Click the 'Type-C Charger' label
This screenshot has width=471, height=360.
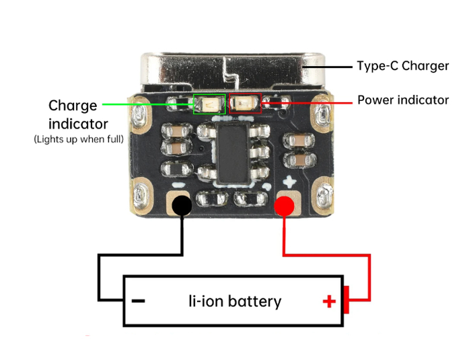pos(402,66)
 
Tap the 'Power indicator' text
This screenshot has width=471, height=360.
pos(402,100)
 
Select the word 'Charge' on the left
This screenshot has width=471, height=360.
pos(73,106)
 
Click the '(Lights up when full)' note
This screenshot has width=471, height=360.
pos(78,139)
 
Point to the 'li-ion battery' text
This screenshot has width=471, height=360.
pos(234,301)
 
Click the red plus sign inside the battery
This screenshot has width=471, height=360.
pos(329,301)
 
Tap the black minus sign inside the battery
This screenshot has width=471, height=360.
pos(138,301)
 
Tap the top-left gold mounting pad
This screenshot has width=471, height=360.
pos(141,115)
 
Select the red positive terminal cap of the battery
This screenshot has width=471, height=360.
pos(347,300)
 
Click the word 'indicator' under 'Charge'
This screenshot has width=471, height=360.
pos(78,124)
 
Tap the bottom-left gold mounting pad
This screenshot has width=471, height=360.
pos(142,195)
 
